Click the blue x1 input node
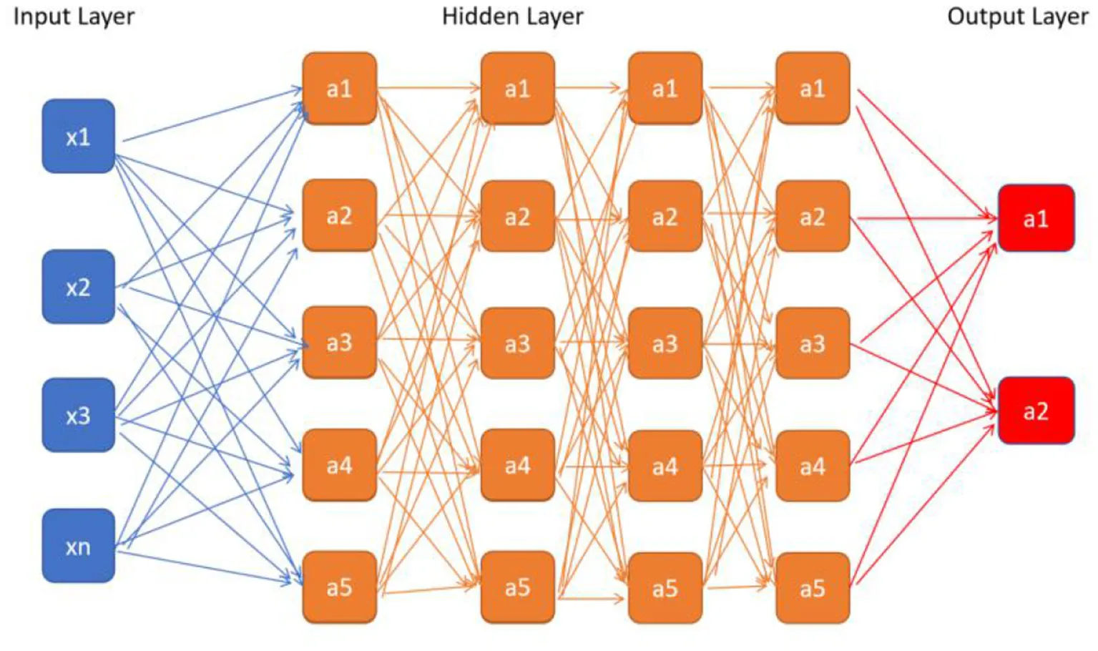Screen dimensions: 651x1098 pyautogui.click(x=79, y=136)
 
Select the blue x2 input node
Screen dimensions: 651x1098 pyautogui.click(x=79, y=287)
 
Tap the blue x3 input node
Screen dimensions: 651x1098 pyautogui.click(x=79, y=415)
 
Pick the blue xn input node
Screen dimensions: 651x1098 pyautogui.click(x=79, y=546)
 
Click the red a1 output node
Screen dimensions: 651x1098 pyautogui.click(x=1036, y=218)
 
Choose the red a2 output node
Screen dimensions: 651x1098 pyautogui.click(x=1036, y=411)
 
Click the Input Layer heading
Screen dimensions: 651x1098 pyautogui.click(x=74, y=16)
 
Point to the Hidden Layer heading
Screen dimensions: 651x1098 pyautogui.click(x=512, y=16)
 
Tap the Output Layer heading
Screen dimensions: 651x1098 pyautogui.click(x=1017, y=16)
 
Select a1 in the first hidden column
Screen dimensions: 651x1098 pyautogui.click(x=340, y=88)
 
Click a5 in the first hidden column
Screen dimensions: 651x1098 pyautogui.click(x=340, y=587)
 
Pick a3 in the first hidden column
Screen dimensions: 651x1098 pyautogui.click(x=340, y=343)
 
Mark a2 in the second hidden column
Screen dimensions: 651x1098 pyautogui.click(x=517, y=216)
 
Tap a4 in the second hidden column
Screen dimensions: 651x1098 pyautogui.click(x=517, y=466)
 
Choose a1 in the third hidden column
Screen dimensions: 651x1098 pyautogui.click(x=665, y=88)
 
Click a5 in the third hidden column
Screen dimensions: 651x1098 pyautogui.click(x=665, y=588)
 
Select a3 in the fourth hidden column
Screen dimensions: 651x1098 pyautogui.click(x=813, y=343)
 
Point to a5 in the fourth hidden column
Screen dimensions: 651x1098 pyautogui.click(x=813, y=588)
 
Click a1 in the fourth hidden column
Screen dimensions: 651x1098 pyautogui.click(x=813, y=88)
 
